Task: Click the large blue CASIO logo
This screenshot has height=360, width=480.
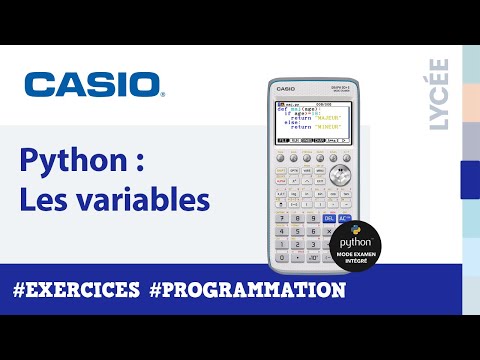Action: (92, 83)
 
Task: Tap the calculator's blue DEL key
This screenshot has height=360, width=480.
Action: (331, 217)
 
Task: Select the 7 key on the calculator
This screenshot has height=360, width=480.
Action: (282, 217)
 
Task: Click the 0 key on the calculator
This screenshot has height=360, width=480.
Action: (282, 257)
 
